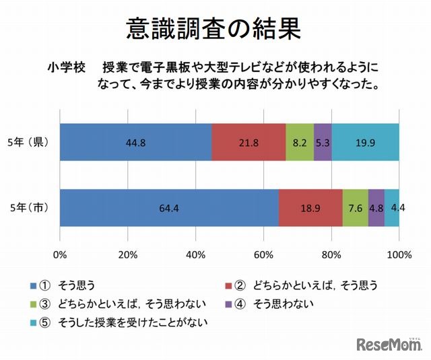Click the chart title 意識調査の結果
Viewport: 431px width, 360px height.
(x=213, y=30)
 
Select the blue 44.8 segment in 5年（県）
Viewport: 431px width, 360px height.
(x=135, y=142)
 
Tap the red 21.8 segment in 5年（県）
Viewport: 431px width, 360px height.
(x=248, y=142)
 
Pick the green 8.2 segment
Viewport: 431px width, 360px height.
(x=300, y=142)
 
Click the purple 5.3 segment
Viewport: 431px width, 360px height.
(x=323, y=142)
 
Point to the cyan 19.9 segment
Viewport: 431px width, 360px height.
(x=365, y=142)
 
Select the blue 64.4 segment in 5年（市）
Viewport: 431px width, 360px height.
(x=169, y=208)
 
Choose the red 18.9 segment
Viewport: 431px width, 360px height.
(x=310, y=208)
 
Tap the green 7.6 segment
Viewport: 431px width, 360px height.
(x=355, y=208)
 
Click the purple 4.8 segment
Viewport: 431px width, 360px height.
(x=376, y=208)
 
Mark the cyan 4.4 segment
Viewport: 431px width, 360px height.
(x=392, y=208)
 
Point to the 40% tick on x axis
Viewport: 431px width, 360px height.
(x=195, y=254)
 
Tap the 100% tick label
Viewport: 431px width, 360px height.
(x=399, y=254)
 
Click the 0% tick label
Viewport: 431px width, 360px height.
(x=60, y=254)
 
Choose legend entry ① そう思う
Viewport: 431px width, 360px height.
(x=67, y=285)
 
